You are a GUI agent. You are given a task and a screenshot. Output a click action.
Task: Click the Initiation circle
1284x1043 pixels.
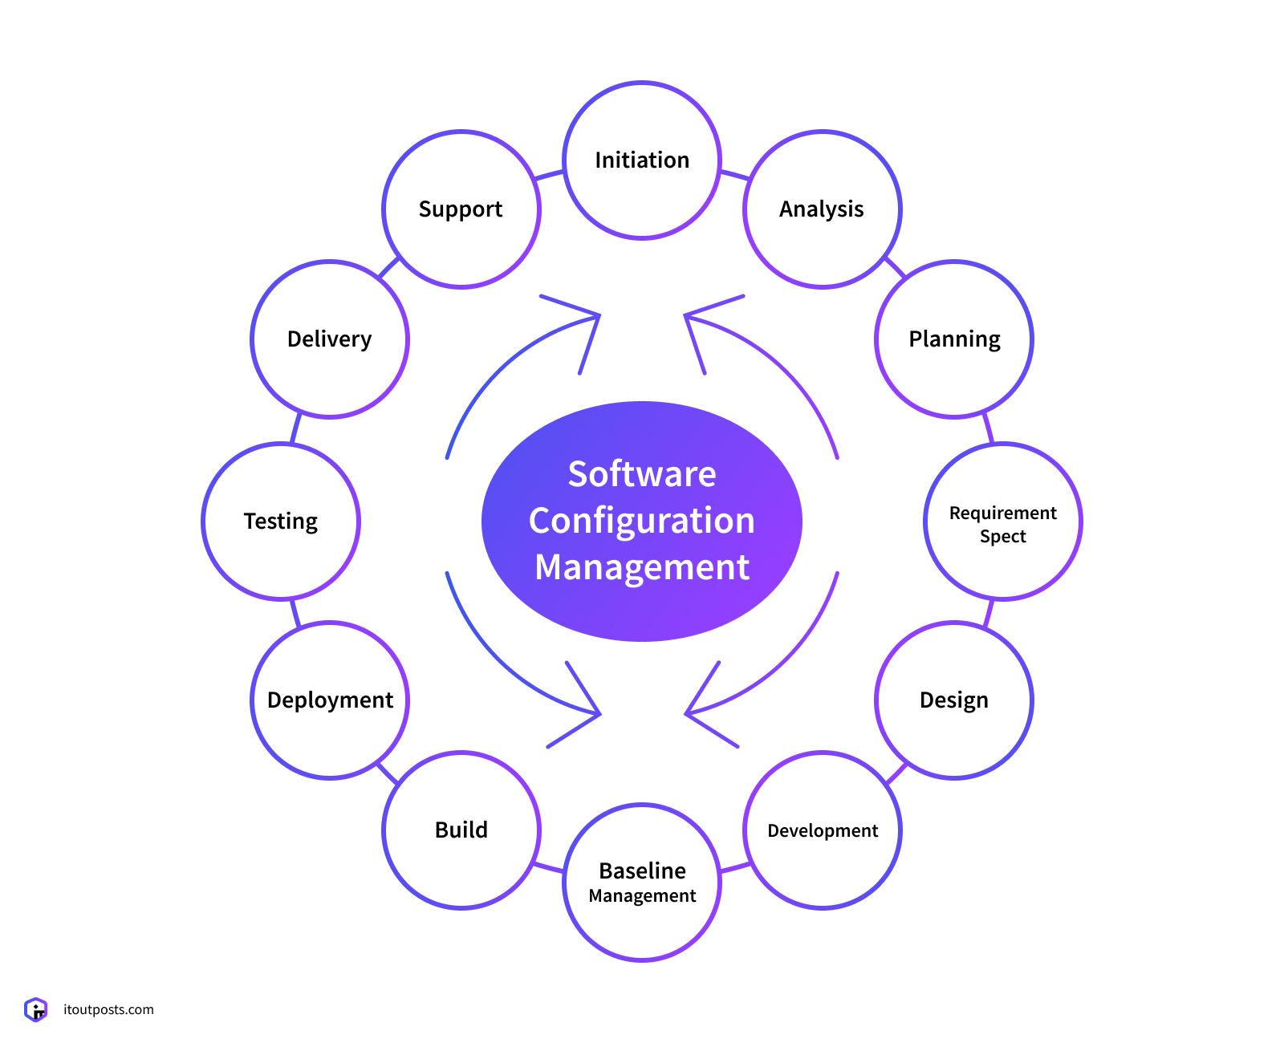tap(642, 160)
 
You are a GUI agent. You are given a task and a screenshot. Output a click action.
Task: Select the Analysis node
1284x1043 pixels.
tap(823, 209)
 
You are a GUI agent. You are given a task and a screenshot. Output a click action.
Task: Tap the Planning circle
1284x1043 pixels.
tap(954, 339)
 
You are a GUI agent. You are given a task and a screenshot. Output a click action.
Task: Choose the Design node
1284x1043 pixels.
tap(954, 700)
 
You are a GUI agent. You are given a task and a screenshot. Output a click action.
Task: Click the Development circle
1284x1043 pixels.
tap(823, 830)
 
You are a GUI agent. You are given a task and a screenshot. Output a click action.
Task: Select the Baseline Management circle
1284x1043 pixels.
tap(642, 882)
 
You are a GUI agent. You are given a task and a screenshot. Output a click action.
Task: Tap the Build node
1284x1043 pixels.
tap(461, 830)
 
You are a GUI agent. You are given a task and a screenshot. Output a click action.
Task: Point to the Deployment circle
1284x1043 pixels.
tap(330, 700)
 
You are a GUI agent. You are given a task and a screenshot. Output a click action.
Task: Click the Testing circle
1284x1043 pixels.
tap(281, 521)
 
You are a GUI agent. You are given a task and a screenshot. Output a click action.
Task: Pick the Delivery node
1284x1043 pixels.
tap(330, 339)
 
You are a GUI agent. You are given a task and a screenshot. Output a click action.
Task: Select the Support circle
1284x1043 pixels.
tap(461, 209)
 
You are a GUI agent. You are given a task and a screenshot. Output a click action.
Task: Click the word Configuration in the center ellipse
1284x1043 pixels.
tap(642, 521)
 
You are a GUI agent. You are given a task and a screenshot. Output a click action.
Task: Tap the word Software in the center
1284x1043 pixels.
tap(642, 474)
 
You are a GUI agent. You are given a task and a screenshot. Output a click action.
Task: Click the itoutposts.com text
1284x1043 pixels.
tap(108, 1009)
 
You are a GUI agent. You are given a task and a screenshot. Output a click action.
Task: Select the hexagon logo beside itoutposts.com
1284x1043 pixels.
tap(36, 1009)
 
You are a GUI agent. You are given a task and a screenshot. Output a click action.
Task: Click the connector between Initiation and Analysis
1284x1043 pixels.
tap(733, 174)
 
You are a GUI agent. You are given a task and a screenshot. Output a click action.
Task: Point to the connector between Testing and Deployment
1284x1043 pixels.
tap(295, 613)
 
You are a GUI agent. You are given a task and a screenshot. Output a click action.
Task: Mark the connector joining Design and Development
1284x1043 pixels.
tap(896, 773)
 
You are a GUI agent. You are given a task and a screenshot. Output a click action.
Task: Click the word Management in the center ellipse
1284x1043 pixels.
tap(642, 567)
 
